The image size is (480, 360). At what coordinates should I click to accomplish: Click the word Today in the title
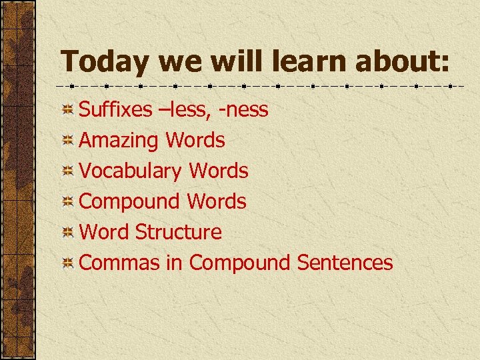(105, 62)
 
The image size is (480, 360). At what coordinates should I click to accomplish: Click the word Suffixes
(115, 109)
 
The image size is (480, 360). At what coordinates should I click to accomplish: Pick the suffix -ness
(243, 109)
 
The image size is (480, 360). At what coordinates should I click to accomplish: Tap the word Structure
(178, 232)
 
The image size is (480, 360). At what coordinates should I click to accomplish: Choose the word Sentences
(345, 263)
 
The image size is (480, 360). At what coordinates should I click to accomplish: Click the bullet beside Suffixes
(67, 110)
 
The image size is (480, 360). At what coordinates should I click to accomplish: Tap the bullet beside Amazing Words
(67, 141)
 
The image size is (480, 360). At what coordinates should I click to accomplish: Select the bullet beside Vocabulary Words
(67, 171)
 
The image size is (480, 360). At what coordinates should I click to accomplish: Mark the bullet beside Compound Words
(67, 202)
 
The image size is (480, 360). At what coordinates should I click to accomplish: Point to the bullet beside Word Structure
(67, 233)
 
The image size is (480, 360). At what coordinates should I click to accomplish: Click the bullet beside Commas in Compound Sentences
(67, 263)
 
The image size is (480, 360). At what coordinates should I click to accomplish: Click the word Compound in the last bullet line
(240, 263)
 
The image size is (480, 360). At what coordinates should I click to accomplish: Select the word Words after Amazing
(195, 140)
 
